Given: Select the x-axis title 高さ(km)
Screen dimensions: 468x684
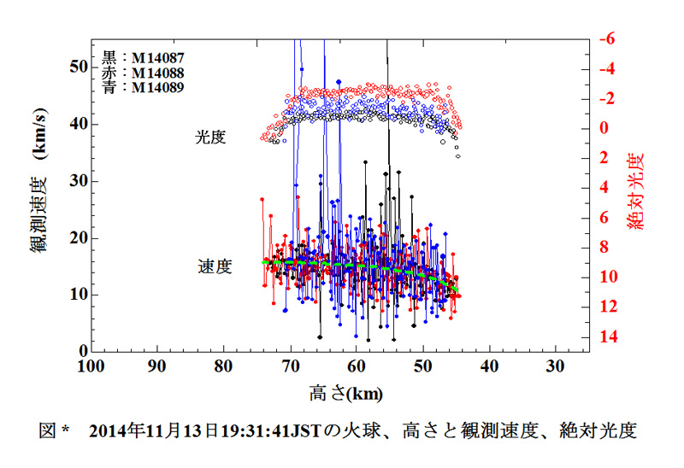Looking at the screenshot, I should [x=345, y=394].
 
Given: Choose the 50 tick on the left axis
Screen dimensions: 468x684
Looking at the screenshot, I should [x=77, y=67].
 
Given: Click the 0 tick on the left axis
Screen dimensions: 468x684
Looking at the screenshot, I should [x=83, y=351].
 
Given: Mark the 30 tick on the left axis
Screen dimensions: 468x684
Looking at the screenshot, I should [x=77, y=180].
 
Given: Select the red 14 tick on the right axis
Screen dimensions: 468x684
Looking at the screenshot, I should [x=609, y=337].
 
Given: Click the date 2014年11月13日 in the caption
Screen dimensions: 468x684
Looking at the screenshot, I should [x=156, y=430].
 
